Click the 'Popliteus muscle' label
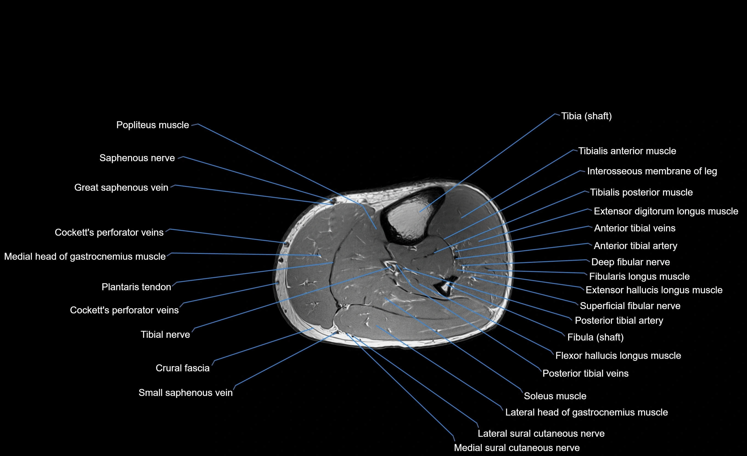tap(153, 125)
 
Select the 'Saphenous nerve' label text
tap(137, 158)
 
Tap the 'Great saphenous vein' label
tap(121, 188)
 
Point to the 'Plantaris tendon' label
tap(136, 287)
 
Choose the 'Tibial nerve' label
tap(165, 335)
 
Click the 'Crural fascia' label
tap(182, 368)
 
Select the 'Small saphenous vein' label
tap(186, 393)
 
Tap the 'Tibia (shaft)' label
tap(586, 116)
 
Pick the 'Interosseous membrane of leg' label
tap(652, 171)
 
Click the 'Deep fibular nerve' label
tap(630, 262)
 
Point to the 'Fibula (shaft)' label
tap(596, 337)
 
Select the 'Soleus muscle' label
tap(555, 396)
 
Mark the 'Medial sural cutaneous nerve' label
tap(516, 447)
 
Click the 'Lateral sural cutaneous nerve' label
tap(541, 433)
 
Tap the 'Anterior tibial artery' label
tap(635, 246)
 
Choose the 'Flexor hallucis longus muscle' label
tap(618, 355)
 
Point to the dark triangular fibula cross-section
tap(445, 288)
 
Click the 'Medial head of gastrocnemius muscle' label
tap(85, 257)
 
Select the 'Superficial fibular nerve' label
tap(630, 306)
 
